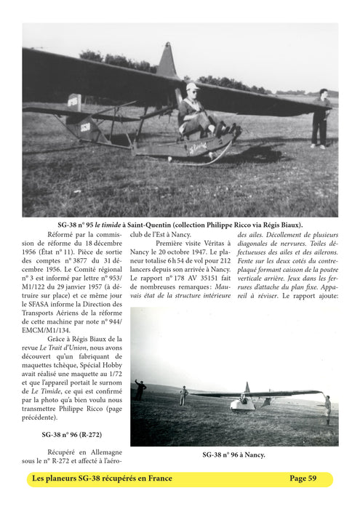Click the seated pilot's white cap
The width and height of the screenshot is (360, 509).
[191, 87]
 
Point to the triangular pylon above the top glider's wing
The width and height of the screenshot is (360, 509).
[167, 61]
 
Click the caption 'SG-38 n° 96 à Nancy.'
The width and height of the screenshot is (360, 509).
[233, 455]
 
